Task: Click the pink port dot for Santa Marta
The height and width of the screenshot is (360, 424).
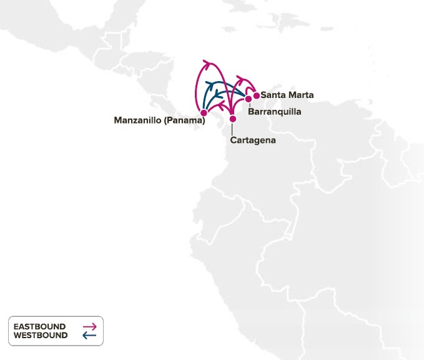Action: [256, 95]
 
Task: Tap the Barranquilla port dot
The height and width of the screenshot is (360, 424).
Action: [249, 99]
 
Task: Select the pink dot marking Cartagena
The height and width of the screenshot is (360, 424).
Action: [232, 119]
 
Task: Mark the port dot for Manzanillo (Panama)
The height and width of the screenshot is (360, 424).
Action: [203, 113]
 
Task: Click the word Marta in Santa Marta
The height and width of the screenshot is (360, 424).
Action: [300, 95]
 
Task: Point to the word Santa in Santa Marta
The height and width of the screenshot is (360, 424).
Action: [273, 95]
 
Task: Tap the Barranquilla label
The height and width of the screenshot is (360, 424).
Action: [274, 112]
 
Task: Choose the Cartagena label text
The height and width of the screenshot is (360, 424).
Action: [252, 140]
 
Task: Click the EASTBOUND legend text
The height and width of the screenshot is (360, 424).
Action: [41, 326]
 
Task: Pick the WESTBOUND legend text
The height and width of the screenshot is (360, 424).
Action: [41, 336]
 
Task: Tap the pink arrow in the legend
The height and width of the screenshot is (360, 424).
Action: [89, 326]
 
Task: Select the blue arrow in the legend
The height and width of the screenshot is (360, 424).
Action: [89, 336]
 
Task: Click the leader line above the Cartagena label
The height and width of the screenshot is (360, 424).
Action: [232, 129]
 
